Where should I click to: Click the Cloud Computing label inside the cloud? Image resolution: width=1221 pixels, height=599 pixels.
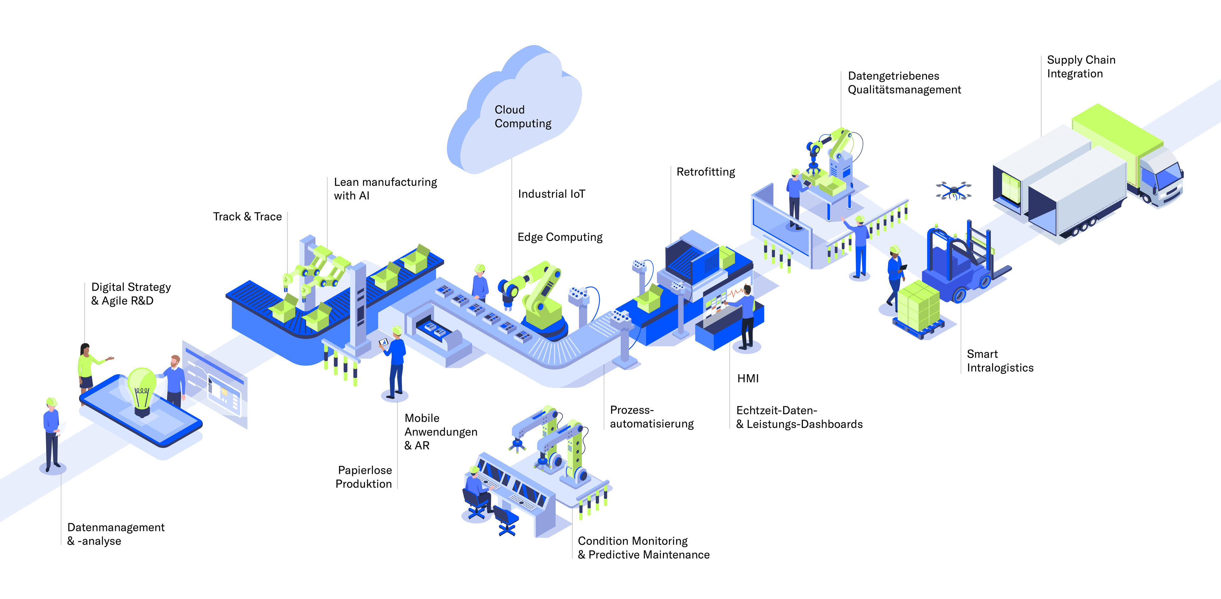pyautogui.click(x=523, y=117)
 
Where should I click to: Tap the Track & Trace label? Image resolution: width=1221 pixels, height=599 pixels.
pyautogui.click(x=247, y=217)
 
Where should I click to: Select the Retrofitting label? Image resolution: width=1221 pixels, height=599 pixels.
pyautogui.click(x=705, y=172)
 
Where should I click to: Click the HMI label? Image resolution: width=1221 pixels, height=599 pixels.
pyautogui.click(x=748, y=378)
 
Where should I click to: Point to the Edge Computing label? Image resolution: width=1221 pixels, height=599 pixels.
pyautogui.click(x=560, y=237)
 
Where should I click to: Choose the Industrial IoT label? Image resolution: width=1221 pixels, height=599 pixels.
pyautogui.click(x=551, y=194)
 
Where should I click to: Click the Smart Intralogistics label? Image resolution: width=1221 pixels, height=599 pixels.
pyautogui.click(x=1000, y=361)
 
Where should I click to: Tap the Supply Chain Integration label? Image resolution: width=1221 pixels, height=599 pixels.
pyautogui.click(x=1081, y=67)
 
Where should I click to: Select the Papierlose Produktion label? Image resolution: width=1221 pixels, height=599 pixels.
pyautogui.click(x=364, y=477)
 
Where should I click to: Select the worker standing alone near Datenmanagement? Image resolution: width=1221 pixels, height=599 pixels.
pyautogui.click(x=52, y=434)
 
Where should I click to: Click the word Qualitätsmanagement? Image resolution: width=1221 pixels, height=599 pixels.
pyautogui.click(x=904, y=90)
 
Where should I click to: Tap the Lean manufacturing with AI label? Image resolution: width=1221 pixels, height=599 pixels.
pyautogui.click(x=385, y=189)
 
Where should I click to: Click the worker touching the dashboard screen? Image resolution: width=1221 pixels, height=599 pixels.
pyautogui.click(x=746, y=315)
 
